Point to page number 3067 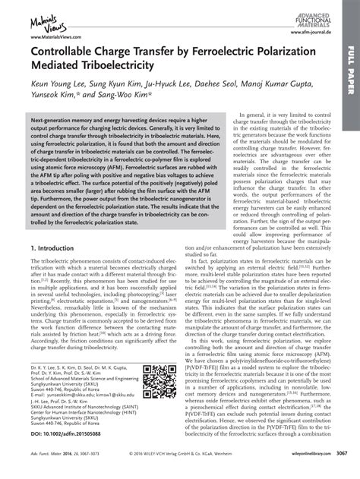point(345,473)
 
